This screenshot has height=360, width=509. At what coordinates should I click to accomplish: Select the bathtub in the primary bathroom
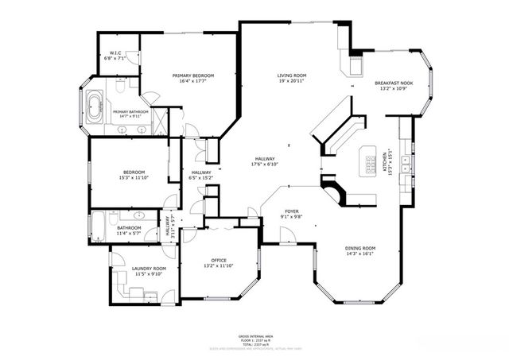94,106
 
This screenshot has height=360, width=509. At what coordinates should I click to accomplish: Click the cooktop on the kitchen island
370,164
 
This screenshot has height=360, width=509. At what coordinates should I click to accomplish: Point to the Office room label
219,263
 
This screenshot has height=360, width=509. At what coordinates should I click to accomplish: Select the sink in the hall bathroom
138,215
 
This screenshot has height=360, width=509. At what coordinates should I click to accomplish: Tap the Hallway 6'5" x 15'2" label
201,175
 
